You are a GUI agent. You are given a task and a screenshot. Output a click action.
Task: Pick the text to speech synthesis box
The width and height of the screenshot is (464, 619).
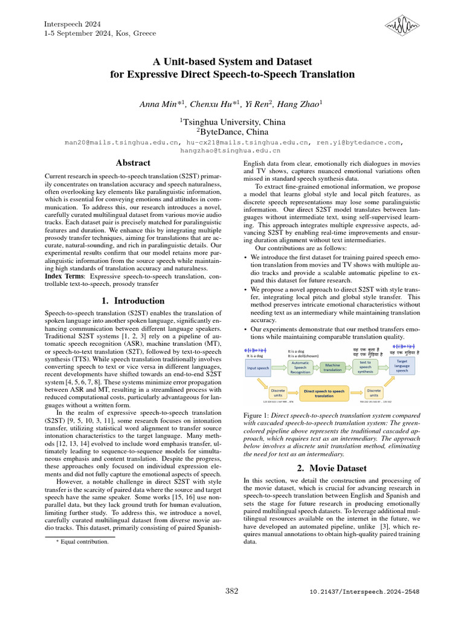tap(366, 367)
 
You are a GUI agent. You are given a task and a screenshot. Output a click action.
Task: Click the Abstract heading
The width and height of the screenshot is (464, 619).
tap(133, 163)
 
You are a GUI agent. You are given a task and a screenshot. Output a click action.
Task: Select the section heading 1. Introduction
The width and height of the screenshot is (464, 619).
tap(132, 300)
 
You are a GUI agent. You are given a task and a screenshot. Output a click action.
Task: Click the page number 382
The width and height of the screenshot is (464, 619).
tap(232, 590)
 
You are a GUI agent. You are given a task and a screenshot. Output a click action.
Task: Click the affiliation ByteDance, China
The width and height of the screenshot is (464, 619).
tap(231, 131)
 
